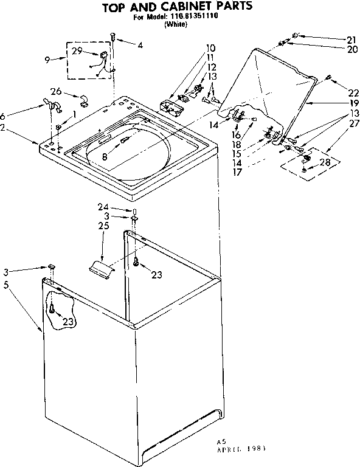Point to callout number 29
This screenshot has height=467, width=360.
[x=77, y=50]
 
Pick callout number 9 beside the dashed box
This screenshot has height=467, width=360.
[x=48, y=60]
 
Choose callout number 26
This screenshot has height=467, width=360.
[x=56, y=92]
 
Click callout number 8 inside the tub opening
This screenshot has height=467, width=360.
[x=105, y=156]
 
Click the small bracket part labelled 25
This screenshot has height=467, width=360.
[x=100, y=266]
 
